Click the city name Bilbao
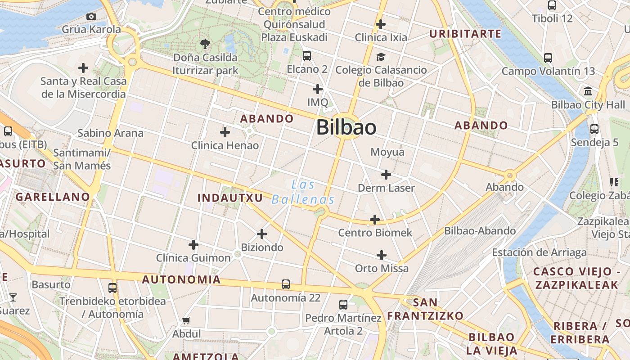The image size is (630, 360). [x=346, y=127]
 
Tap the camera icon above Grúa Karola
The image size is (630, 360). [x=91, y=17]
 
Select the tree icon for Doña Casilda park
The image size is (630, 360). [x=205, y=44]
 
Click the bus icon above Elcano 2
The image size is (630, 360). [x=307, y=56]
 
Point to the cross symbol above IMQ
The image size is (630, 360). [x=318, y=89]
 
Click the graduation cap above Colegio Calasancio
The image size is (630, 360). [x=381, y=57]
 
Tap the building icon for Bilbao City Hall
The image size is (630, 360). [x=588, y=91]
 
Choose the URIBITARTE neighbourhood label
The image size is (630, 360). [x=465, y=34]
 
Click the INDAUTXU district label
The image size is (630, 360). [x=230, y=198]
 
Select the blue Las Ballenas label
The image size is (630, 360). [x=303, y=192]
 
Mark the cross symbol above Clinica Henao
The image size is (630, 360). [x=225, y=132]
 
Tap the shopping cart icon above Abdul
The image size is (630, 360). [x=186, y=321]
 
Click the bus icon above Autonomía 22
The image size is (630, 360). [x=286, y=284]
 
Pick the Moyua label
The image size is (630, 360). [x=387, y=152]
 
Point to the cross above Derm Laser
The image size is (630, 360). [x=386, y=175]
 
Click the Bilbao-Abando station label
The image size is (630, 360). [x=480, y=231]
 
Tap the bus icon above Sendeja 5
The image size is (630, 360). [x=594, y=129]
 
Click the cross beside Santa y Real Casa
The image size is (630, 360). [x=83, y=68]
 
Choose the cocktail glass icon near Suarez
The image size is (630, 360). [x=13, y=297]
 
